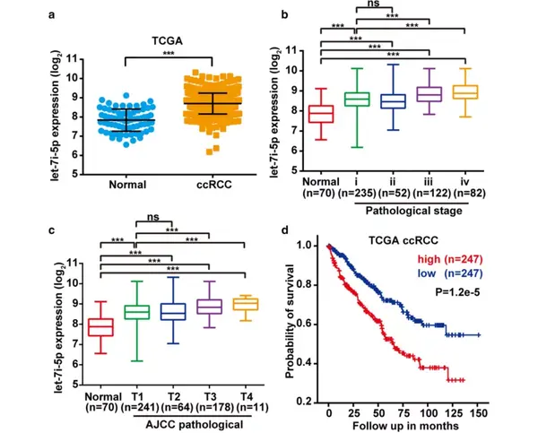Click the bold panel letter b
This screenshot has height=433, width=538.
284,13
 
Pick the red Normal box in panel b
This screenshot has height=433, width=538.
321,113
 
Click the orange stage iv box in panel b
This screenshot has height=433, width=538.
464,91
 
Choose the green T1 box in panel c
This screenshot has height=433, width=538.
136,311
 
